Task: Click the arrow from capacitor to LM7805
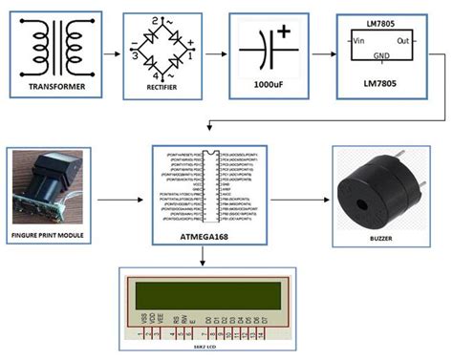coord(320,53)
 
